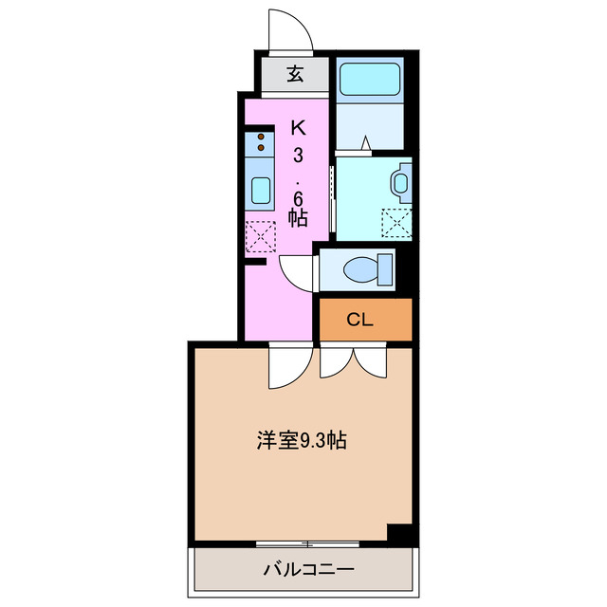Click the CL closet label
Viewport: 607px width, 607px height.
(359, 320)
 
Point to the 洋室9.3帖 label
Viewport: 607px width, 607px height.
(300, 441)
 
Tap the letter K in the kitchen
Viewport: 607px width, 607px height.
(297, 126)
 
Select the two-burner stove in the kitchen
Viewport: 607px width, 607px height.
(259, 145)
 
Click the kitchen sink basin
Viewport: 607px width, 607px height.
(260, 191)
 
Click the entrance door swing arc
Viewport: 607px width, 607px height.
(290, 34)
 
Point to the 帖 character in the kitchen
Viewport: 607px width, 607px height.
(297, 217)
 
